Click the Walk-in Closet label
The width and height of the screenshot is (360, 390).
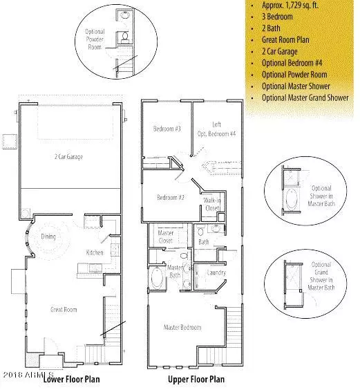212,204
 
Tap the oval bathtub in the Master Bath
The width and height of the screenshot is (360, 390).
159,281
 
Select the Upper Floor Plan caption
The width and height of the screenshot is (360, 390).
196,380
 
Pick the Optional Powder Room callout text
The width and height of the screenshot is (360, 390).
95,41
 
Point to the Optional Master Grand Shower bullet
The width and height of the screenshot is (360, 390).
305,98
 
